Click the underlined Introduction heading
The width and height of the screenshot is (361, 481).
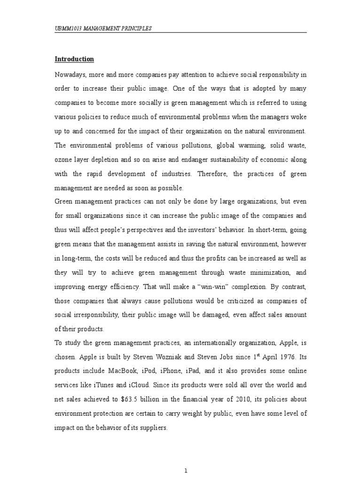[74, 59]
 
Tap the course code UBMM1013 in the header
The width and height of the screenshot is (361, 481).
[69, 29]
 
